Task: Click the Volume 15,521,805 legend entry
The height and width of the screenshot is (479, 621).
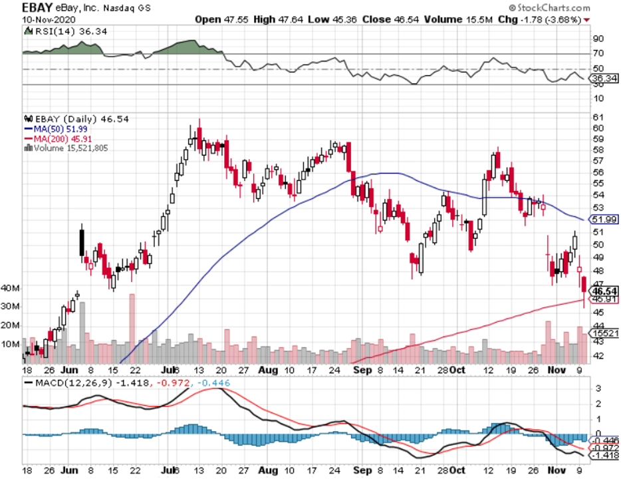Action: (68, 147)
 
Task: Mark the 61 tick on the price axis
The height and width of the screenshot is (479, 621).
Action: (598, 117)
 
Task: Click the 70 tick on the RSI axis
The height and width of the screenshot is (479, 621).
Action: (598, 53)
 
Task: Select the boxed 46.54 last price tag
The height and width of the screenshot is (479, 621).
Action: (605, 291)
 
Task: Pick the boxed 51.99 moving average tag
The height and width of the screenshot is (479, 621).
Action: (606, 219)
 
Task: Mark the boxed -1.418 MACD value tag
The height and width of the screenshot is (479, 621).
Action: (606, 455)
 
